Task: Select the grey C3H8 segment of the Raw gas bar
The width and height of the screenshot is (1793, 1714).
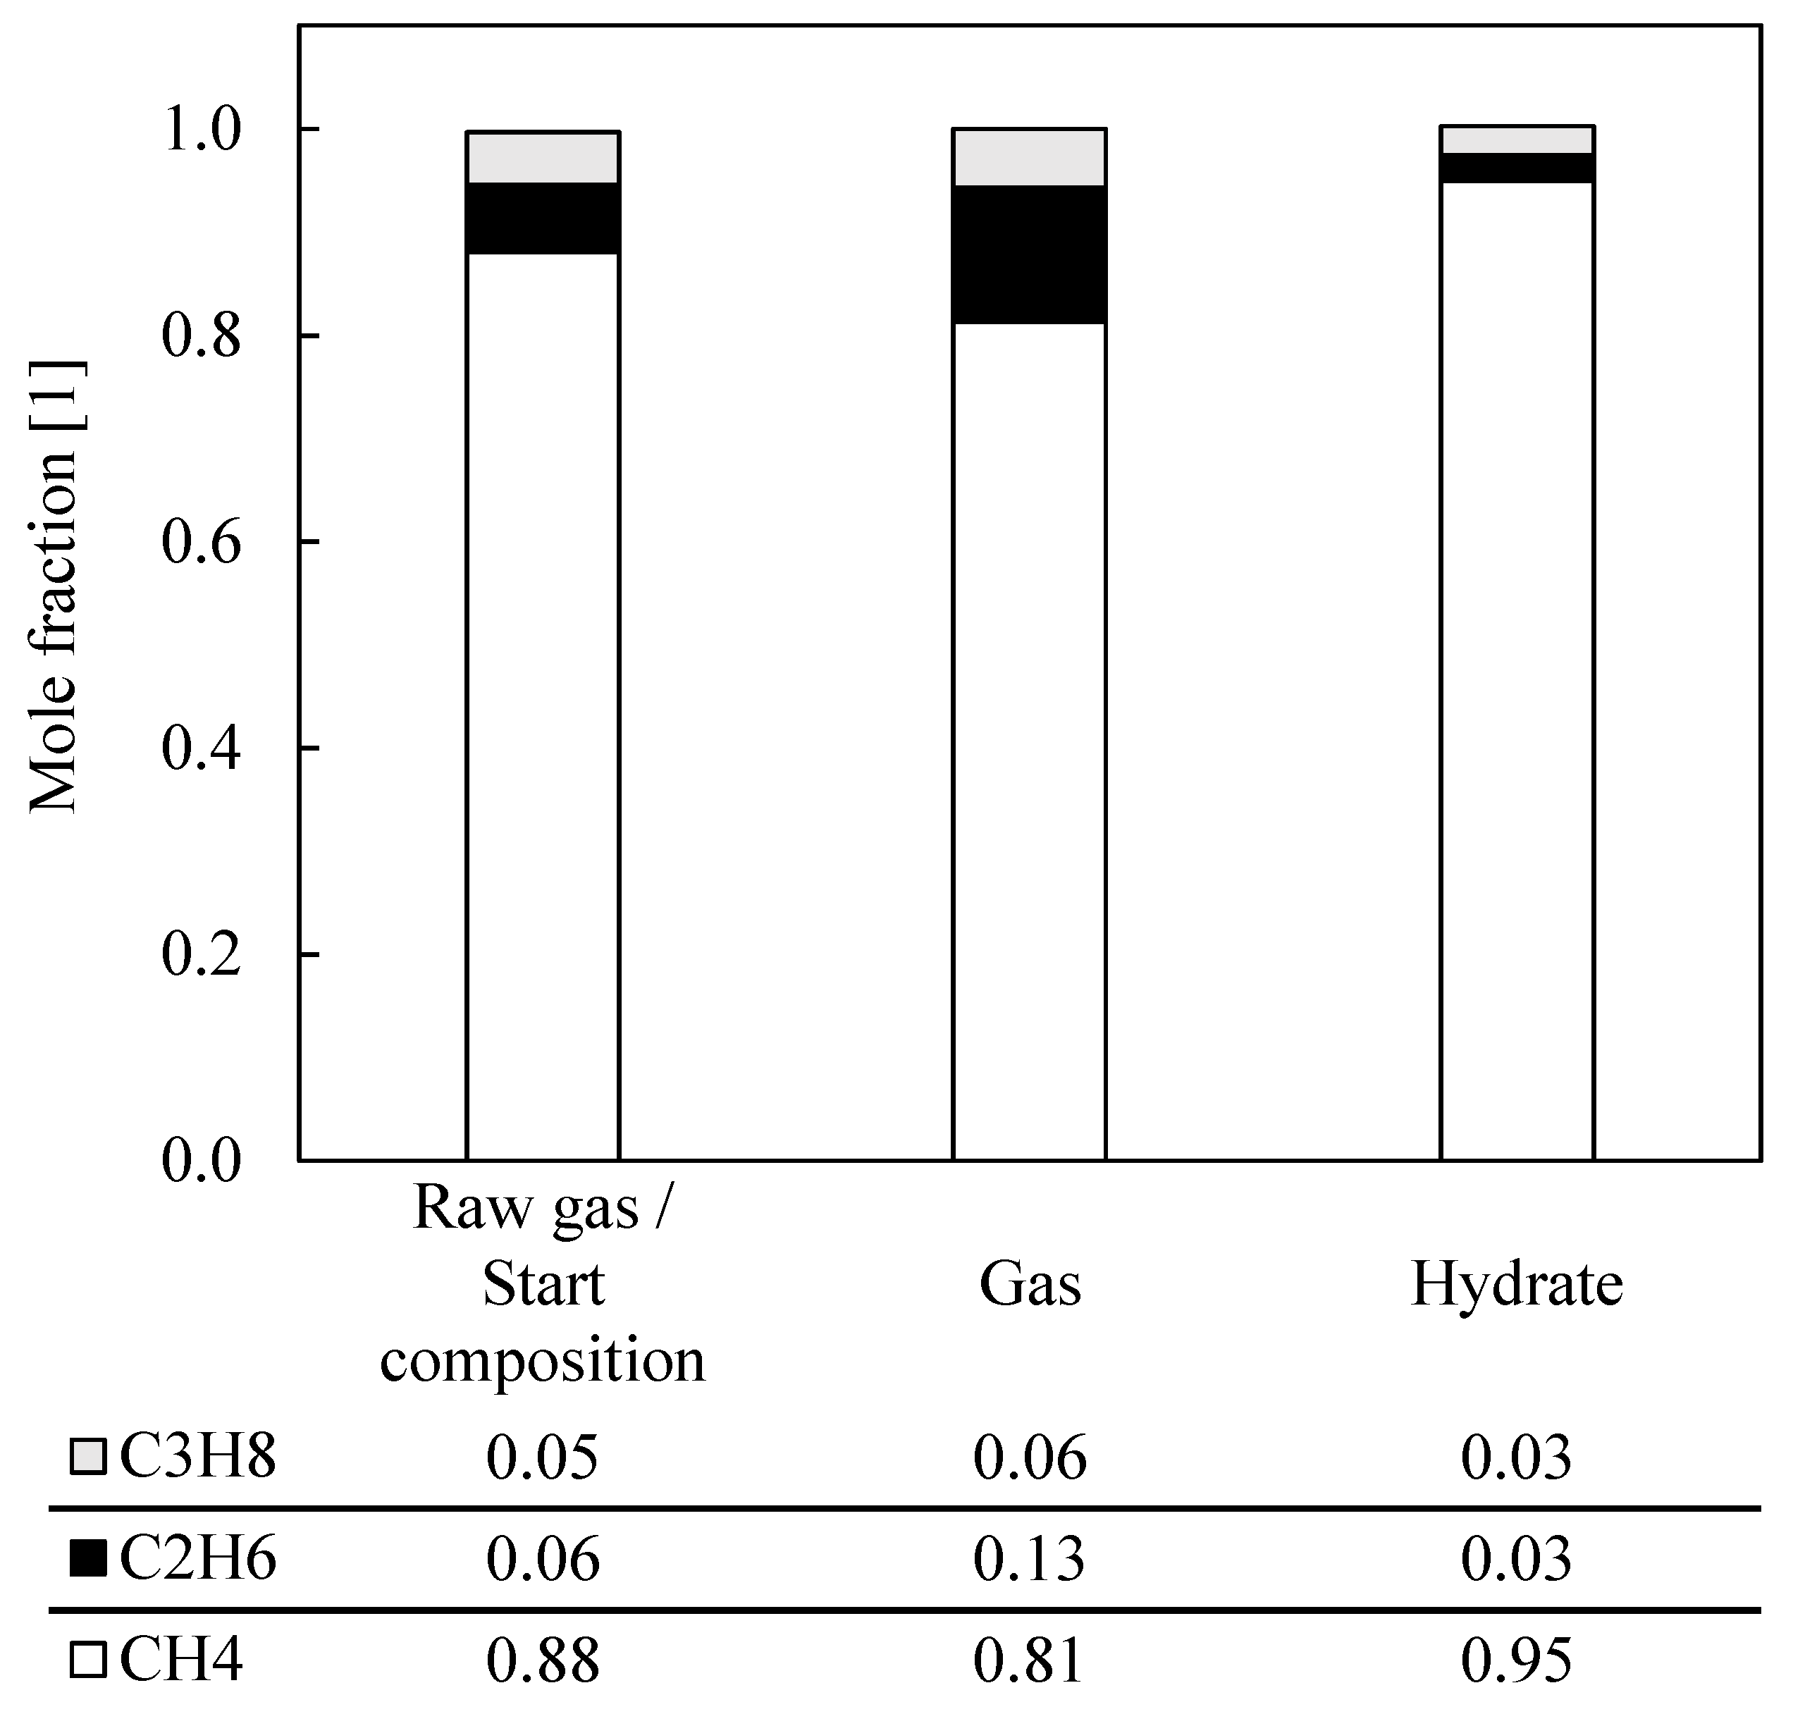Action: pos(543,157)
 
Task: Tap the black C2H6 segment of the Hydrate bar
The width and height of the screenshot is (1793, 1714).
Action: pos(1517,168)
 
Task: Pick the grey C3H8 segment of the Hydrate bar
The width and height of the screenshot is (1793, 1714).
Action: pos(1517,140)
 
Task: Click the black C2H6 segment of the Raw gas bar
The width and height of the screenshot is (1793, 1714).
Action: pos(543,218)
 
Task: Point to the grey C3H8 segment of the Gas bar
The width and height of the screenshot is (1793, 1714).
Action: pos(1029,157)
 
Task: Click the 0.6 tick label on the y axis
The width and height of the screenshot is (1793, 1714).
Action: pos(200,543)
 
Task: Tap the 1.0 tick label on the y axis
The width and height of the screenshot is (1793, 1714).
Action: pos(200,130)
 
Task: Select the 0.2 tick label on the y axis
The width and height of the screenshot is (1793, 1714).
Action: pos(200,955)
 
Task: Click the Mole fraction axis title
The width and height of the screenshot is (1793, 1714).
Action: pos(55,585)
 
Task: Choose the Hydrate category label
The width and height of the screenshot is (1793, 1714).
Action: pos(1516,1285)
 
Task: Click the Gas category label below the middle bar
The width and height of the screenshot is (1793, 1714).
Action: pos(1029,1285)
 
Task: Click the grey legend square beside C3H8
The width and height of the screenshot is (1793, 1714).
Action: pos(87,1457)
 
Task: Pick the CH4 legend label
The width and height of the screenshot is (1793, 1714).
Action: pos(181,1659)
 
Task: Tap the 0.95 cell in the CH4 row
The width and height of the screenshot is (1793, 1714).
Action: pos(1516,1659)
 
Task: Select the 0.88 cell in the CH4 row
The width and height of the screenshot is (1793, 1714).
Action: pos(543,1659)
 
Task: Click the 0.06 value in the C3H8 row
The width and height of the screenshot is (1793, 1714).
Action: pos(1029,1457)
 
